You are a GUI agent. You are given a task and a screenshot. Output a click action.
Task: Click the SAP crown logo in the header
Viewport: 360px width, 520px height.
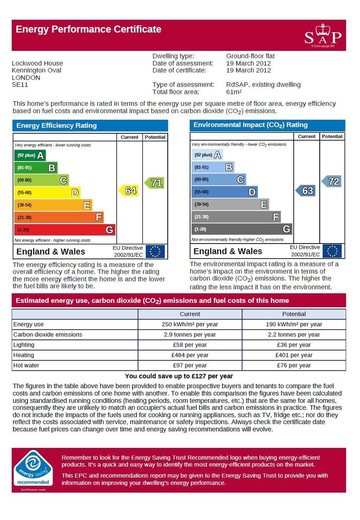click(x=323, y=35)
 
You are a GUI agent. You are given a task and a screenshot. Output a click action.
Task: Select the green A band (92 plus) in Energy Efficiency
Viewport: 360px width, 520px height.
click(x=30, y=155)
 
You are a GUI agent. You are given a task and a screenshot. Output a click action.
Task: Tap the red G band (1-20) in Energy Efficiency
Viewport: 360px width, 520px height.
click(x=65, y=230)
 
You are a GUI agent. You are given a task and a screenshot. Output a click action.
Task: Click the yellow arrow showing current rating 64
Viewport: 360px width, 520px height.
click(x=128, y=191)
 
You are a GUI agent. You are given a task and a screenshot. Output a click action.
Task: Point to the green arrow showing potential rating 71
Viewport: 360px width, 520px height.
click(x=154, y=183)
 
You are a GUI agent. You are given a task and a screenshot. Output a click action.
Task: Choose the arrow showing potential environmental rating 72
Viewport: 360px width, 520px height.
click(x=331, y=181)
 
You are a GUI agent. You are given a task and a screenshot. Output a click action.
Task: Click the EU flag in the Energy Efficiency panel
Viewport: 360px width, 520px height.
click(x=155, y=251)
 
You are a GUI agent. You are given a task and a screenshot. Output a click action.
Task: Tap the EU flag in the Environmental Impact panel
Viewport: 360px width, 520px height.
click(x=332, y=251)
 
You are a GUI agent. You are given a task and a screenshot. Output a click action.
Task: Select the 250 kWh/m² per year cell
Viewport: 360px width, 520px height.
click(x=190, y=324)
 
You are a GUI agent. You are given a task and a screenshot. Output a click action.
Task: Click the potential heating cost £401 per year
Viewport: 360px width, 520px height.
click(x=294, y=355)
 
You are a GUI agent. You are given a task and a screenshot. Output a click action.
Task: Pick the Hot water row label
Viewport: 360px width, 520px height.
click(x=26, y=365)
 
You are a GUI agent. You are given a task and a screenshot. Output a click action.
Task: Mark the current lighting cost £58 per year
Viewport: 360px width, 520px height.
click(x=190, y=345)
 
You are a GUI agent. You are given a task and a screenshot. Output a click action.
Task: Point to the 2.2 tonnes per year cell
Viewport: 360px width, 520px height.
click(x=294, y=335)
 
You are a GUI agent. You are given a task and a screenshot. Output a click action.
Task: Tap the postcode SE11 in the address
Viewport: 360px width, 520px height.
click(x=20, y=85)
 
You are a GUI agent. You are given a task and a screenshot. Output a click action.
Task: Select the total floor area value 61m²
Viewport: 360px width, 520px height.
click(x=234, y=92)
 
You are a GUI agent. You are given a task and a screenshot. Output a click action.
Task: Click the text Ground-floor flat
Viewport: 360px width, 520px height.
click(x=251, y=56)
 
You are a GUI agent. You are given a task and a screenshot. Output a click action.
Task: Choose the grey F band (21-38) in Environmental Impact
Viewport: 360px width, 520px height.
click(x=236, y=217)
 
